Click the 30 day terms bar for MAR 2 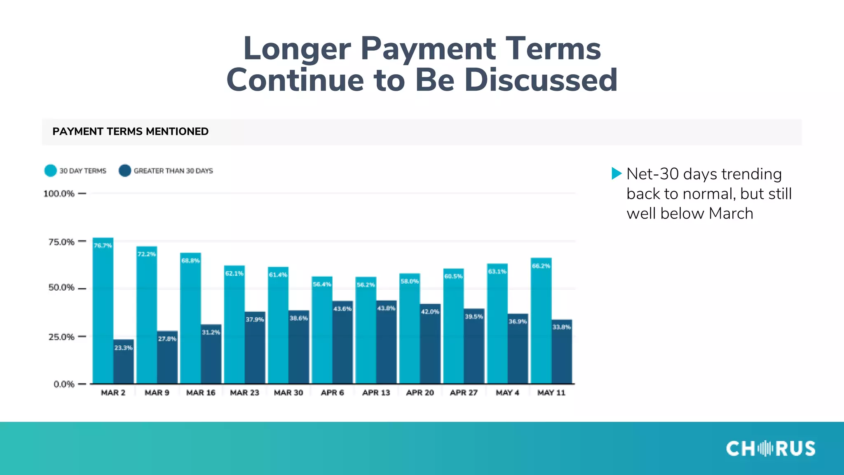(x=103, y=313)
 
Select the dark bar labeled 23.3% (x=124, y=363)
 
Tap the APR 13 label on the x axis (x=376, y=393)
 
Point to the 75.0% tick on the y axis (x=61, y=242)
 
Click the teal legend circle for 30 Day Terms (x=50, y=171)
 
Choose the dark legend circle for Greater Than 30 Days (x=124, y=171)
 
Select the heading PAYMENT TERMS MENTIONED (x=130, y=132)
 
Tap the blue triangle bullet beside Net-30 (x=617, y=174)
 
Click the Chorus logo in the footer (x=770, y=448)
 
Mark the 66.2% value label (x=541, y=266)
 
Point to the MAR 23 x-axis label (x=244, y=393)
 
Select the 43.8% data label (x=386, y=308)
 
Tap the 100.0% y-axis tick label (x=59, y=193)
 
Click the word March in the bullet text (x=731, y=214)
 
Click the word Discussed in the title (x=541, y=80)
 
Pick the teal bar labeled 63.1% (x=497, y=326)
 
